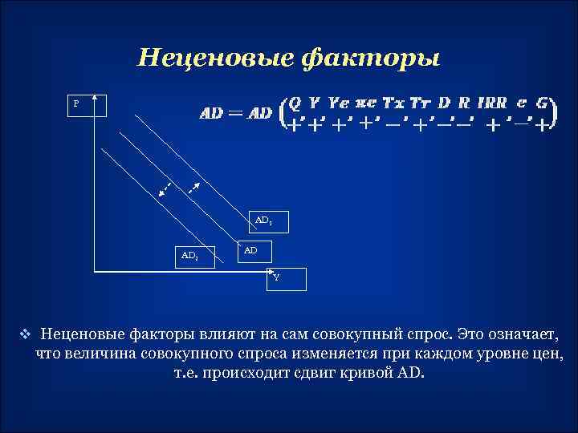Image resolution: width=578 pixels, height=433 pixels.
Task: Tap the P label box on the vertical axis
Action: point(77,103)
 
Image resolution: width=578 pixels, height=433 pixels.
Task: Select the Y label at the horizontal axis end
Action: point(277,277)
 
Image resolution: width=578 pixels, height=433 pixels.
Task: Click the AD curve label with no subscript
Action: point(252,250)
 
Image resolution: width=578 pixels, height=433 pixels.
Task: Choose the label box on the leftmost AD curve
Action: point(190,256)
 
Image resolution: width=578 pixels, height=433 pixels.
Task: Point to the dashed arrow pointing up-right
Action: point(193,188)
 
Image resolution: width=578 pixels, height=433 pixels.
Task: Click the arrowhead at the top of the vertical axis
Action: point(94,96)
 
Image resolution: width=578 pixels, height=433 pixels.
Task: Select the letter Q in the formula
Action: point(295,103)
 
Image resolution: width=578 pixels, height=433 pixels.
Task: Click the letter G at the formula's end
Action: point(543,103)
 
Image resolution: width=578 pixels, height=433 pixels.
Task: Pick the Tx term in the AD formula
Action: point(394,103)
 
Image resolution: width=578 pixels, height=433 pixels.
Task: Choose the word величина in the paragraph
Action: point(93,354)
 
